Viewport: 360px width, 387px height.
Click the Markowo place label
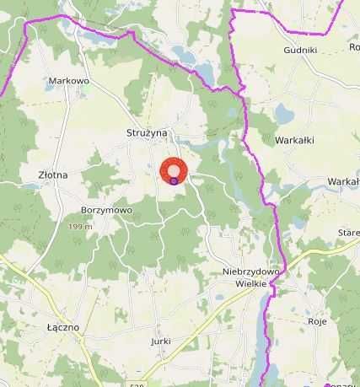69,81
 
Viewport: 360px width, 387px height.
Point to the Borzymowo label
107,210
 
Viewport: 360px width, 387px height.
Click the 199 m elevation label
80,228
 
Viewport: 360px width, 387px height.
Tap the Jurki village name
161,341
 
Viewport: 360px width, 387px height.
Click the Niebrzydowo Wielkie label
246,277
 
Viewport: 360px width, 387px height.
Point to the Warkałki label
294,141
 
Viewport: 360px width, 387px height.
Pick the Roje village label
317,321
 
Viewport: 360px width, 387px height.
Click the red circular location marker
174,169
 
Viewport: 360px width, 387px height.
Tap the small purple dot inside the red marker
174,180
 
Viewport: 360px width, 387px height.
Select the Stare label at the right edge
348,232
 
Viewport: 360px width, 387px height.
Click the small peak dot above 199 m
80,219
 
